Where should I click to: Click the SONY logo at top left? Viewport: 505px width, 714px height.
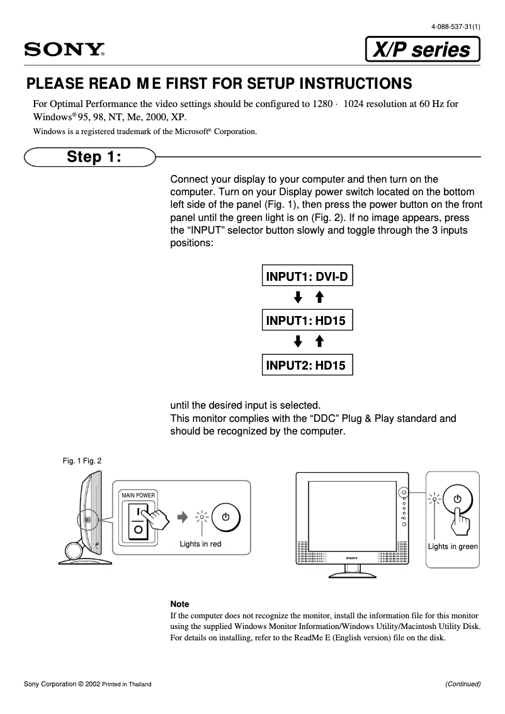[x=64, y=50]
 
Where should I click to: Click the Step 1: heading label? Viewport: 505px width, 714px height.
[x=94, y=156]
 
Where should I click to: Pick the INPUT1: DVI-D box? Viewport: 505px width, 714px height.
[x=307, y=276]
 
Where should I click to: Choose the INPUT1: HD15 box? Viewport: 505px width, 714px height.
[x=306, y=320]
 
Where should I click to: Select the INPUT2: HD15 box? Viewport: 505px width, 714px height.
[x=306, y=365]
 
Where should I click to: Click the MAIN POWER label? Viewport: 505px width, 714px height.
[x=139, y=496]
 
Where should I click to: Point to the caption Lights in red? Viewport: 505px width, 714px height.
[x=200, y=544]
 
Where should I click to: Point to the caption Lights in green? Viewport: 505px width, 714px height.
[x=453, y=547]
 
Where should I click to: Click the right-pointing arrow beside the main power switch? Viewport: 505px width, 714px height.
[x=183, y=517]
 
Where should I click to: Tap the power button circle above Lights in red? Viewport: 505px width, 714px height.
[x=225, y=517]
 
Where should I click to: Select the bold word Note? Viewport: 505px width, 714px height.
[x=179, y=604]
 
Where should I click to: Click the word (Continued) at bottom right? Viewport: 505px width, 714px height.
[x=463, y=684]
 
